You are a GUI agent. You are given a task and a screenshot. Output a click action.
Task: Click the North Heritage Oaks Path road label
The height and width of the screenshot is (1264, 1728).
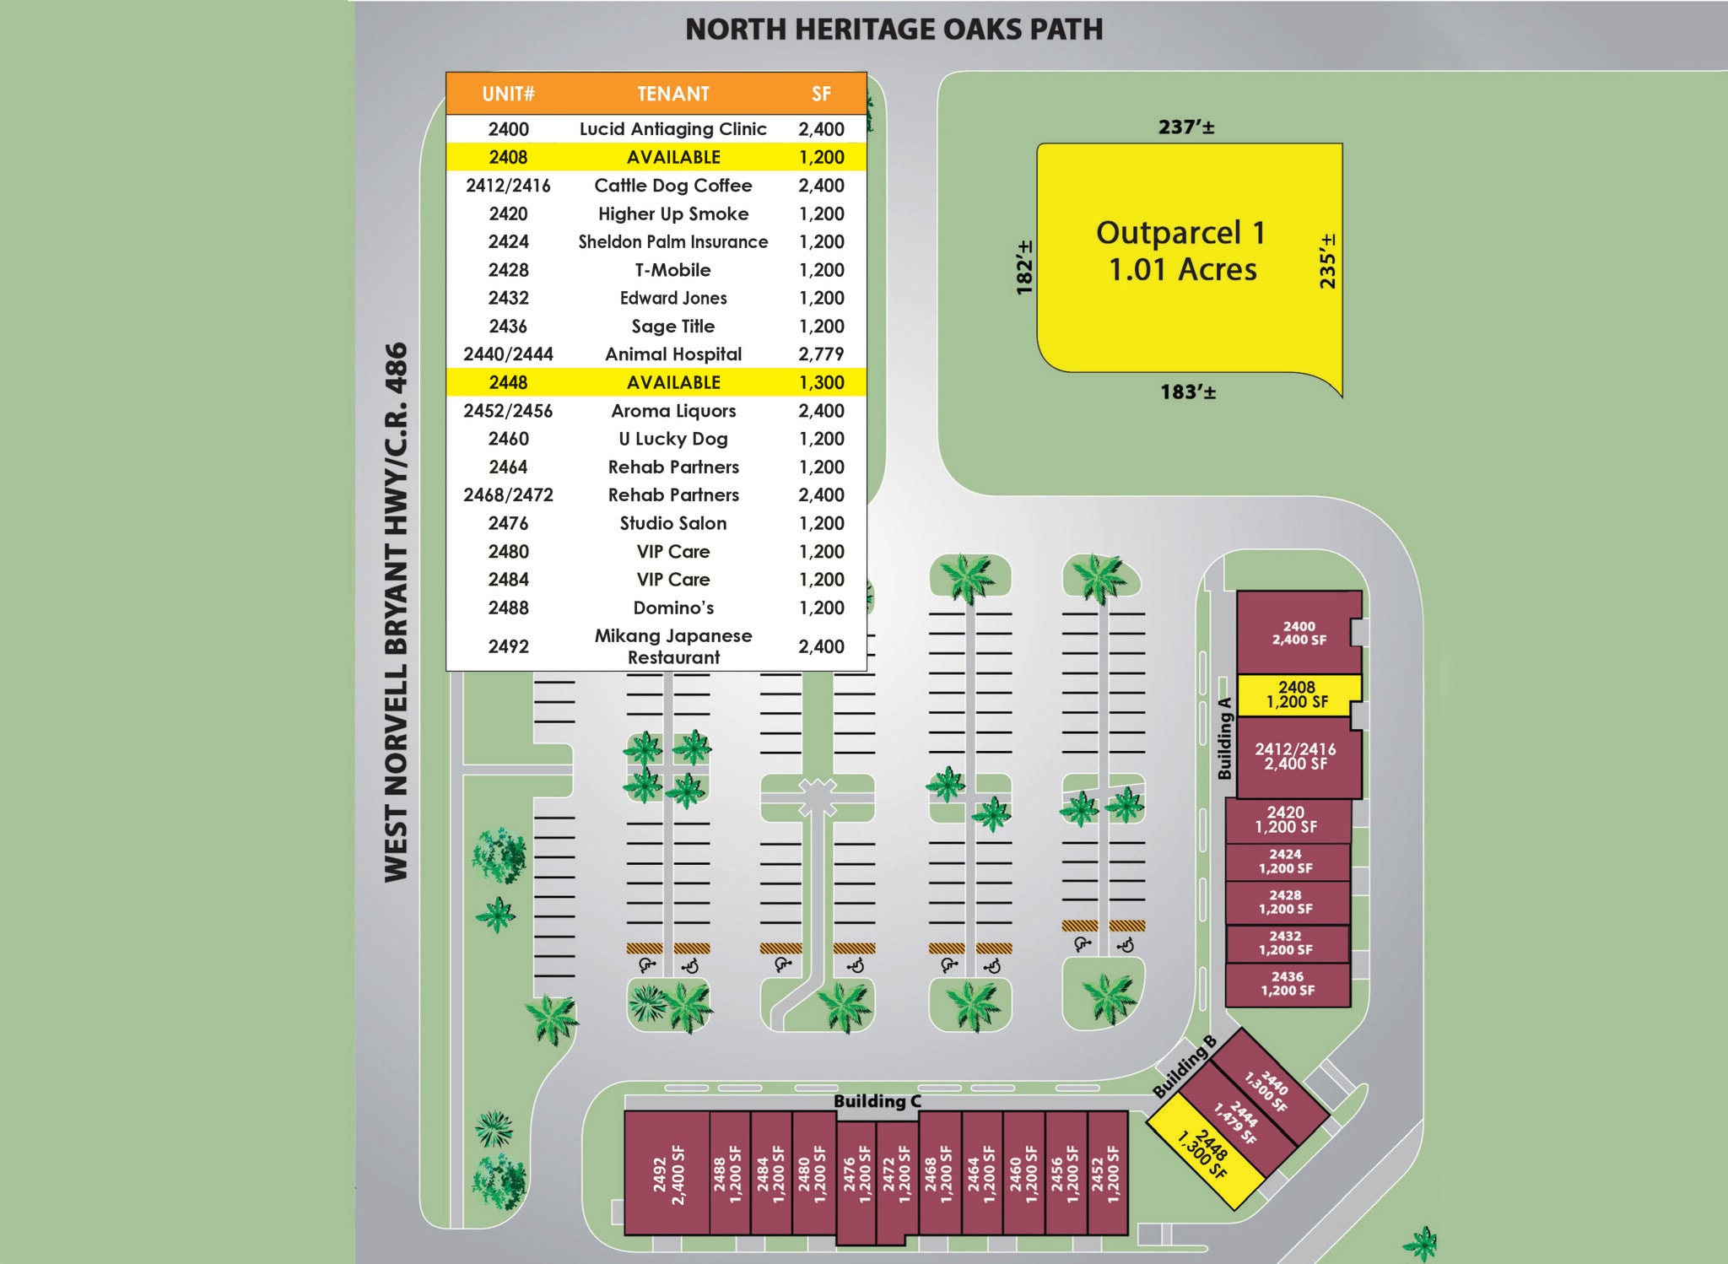click(894, 30)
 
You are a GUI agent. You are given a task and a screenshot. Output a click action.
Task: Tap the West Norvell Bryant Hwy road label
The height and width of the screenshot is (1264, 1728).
click(396, 612)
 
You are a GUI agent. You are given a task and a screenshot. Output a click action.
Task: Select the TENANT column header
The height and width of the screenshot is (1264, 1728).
click(672, 94)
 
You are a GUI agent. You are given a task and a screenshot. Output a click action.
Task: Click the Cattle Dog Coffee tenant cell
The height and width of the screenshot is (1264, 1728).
click(672, 186)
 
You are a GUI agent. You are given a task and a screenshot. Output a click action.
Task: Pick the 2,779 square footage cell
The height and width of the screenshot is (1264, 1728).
click(821, 354)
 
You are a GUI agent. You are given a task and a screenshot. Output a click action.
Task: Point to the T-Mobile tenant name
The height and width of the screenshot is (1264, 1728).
click(672, 270)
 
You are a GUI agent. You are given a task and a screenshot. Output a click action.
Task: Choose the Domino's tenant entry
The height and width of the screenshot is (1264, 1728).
click(672, 608)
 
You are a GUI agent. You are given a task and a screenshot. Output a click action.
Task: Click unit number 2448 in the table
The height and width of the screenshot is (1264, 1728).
click(508, 382)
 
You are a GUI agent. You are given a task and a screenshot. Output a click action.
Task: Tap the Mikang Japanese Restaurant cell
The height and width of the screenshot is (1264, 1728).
click(672, 646)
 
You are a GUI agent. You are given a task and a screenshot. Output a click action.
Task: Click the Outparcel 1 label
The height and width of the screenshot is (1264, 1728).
click(1180, 251)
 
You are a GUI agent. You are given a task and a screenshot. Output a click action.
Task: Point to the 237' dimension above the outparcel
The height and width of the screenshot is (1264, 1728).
click(1185, 127)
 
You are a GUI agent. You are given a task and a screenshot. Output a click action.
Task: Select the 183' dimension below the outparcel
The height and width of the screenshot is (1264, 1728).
click(1187, 392)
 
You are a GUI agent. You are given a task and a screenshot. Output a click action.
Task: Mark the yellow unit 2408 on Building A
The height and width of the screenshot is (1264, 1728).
click(1297, 694)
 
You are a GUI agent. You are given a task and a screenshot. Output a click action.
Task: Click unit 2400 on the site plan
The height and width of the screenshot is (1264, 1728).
click(1299, 633)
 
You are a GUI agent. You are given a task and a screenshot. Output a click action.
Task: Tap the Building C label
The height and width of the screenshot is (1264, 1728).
click(877, 1101)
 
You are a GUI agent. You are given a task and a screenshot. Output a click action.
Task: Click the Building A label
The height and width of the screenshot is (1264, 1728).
click(1224, 738)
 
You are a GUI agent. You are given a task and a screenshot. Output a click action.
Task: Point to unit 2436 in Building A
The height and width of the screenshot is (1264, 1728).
click(1288, 984)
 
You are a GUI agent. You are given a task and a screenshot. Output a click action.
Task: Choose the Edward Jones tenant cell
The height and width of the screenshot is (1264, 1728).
click(672, 298)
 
